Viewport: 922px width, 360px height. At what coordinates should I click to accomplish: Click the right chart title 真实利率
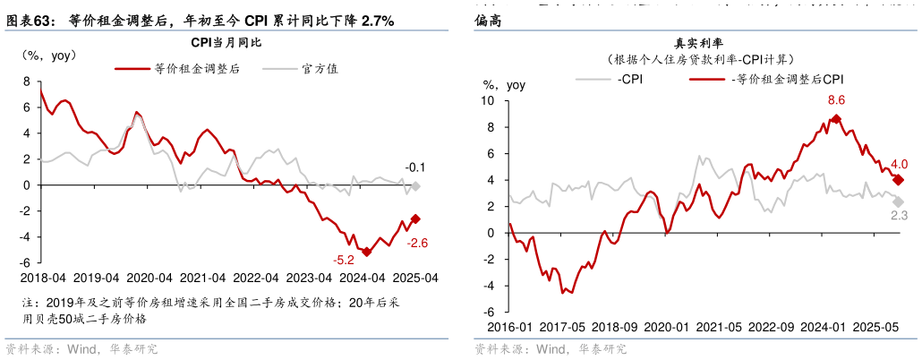(699, 43)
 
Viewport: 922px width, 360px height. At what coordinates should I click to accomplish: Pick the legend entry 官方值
(319, 68)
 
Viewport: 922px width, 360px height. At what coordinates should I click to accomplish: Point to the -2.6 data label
(419, 243)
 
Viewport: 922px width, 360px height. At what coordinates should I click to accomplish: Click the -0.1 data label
(415, 167)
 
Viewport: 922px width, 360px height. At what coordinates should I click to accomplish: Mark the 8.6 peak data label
(836, 100)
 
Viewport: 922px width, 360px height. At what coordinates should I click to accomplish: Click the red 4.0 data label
(899, 164)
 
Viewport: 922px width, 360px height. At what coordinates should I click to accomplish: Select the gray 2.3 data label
(899, 215)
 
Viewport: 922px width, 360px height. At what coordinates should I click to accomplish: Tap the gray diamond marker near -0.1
(415, 186)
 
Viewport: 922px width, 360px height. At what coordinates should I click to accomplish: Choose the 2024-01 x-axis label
(824, 328)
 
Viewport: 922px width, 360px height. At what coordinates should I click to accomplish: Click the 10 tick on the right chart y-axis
(490, 100)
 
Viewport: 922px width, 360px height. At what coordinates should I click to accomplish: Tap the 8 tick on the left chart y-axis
(28, 81)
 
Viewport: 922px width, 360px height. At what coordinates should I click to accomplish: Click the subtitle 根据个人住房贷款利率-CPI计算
(699, 59)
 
